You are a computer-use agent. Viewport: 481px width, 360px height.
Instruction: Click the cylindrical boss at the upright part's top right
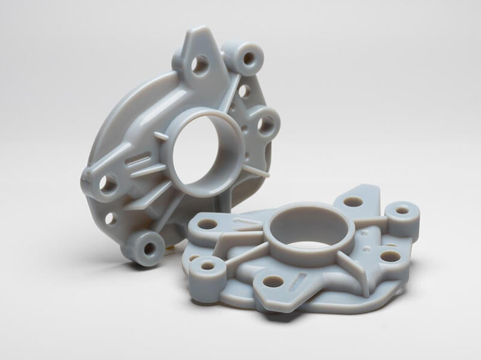(247, 58)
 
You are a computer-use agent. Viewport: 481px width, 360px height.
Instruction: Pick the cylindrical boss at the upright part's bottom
(144, 246)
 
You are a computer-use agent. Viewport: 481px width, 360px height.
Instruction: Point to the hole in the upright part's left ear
(108, 183)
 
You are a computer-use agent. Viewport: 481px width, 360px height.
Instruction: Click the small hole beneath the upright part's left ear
(111, 218)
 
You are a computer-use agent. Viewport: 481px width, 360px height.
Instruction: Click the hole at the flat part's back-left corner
(208, 224)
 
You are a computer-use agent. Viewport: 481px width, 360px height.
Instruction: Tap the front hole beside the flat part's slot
(274, 281)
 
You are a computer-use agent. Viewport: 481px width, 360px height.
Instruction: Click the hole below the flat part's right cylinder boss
(390, 256)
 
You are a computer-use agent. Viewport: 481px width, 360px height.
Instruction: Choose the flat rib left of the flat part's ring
(247, 225)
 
